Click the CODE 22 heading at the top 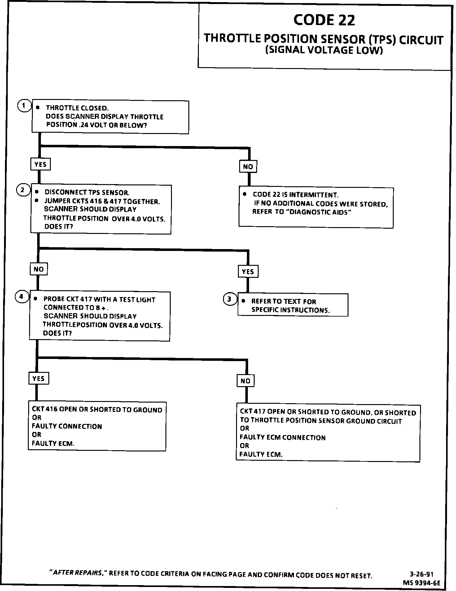pyautogui.click(x=324, y=20)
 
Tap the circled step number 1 pyautogui.click(x=24, y=106)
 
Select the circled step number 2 pyautogui.click(x=23, y=190)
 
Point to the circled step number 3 pyautogui.click(x=230, y=299)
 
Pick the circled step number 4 pyautogui.click(x=21, y=297)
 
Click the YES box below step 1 pyautogui.click(x=40, y=164)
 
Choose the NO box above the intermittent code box pyautogui.click(x=248, y=167)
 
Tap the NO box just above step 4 pyautogui.click(x=39, y=269)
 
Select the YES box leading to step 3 pyautogui.click(x=248, y=272)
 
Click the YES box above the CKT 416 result pyautogui.click(x=39, y=378)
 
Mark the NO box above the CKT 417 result pyautogui.click(x=245, y=381)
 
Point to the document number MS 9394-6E pyautogui.click(x=421, y=583)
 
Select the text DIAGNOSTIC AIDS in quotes pyautogui.click(x=319, y=212)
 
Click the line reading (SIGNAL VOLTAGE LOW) pyautogui.click(x=324, y=50)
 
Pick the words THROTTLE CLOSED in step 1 pyautogui.click(x=77, y=108)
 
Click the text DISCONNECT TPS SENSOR pyautogui.click(x=87, y=192)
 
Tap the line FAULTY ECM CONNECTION pyautogui.click(x=283, y=438)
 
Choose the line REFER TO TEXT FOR pyautogui.click(x=283, y=301)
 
